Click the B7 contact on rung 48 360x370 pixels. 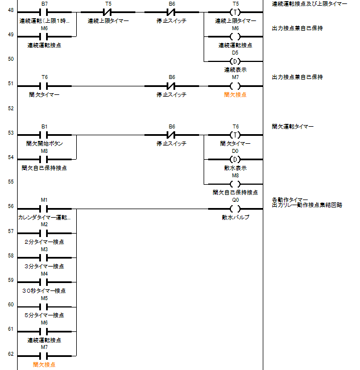pyautogui.click(x=44, y=12)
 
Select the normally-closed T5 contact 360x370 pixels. pyautogui.click(x=108, y=12)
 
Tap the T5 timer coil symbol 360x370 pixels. pyautogui.click(x=235, y=12)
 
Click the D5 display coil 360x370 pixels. pyautogui.click(x=235, y=61)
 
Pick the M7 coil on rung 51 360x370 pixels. pyautogui.click(x=235, y=86)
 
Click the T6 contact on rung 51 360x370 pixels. pyautogui.click(x=44, y=86)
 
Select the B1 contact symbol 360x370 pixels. pyautogui.click(x=44, y=135)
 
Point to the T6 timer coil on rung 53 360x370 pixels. pyautogui.click(x=235, y=135)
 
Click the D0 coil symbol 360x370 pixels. pyautogui.click(x=235, y=160)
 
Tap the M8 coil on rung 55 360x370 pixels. pyautogui.click(x=235, y=184)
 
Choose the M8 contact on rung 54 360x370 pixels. pyautogui.click(x=44, y=160)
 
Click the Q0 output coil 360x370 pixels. pyautogui.click(x=235, y=209)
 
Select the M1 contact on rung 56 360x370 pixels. pyautogui.click(x=44, y=209)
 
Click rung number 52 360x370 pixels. pyautogui.click(x=10, y=108)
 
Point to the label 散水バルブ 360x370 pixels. pyautogui.click(x=235, y=217)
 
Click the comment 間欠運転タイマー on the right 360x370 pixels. pyautogui.click(x=292, y=126)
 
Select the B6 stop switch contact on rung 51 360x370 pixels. pyautogui.click(x=172, y=86)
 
